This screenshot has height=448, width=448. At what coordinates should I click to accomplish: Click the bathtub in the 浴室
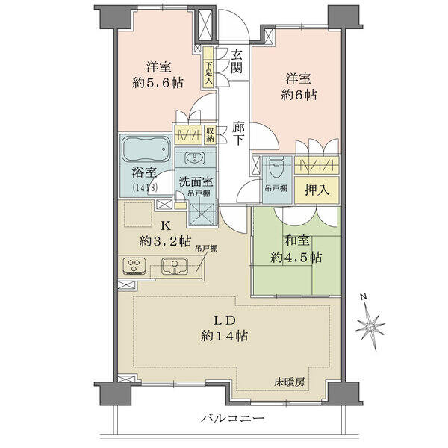click(x=146, y=149)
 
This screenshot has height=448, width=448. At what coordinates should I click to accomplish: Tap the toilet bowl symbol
click(x=276, y=168)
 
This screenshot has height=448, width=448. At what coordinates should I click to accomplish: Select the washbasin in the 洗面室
click(x=195, y=158)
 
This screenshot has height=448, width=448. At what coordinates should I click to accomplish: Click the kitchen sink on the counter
click(x=175, y=267)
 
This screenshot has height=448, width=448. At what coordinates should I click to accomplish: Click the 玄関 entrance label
click(x=237, y=61)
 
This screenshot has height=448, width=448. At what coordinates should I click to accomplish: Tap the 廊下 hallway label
click(x=238, y=133)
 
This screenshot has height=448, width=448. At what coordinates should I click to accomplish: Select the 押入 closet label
click(x=317, y=190)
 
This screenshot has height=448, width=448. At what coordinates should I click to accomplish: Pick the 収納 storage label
click(x=210, y=135)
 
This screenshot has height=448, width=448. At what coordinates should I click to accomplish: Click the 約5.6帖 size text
click(x=158, y=83)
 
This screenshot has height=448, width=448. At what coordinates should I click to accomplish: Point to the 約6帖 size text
click(x=299, y=95)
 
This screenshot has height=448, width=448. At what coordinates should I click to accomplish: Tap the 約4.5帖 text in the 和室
click(x=296, y=258)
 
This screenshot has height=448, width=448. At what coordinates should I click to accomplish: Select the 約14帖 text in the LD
click(x=224, y=336)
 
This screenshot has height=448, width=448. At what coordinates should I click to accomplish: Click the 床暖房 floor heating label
click(x=290, y=382)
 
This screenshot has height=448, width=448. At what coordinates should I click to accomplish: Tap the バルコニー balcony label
click(x=233, y=419)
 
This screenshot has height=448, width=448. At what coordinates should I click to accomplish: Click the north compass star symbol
click(x=370, y=326)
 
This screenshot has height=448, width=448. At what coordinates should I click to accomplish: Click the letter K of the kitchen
click(x=166, y=226)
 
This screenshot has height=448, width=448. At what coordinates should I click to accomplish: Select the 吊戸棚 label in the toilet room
click(x=276, y=188)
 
